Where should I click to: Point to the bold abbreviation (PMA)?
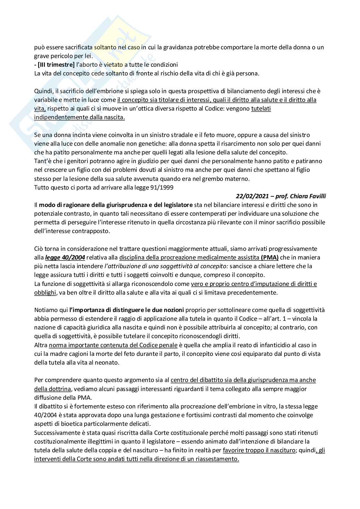pyautogui.click(x=270, y=258)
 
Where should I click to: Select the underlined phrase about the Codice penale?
pyautogui.click(x=113, y=345)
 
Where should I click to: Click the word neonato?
pyautogui.click(x=109, y=363)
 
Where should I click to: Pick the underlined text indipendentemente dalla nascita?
pyautogui.click(x=79, y=117)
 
